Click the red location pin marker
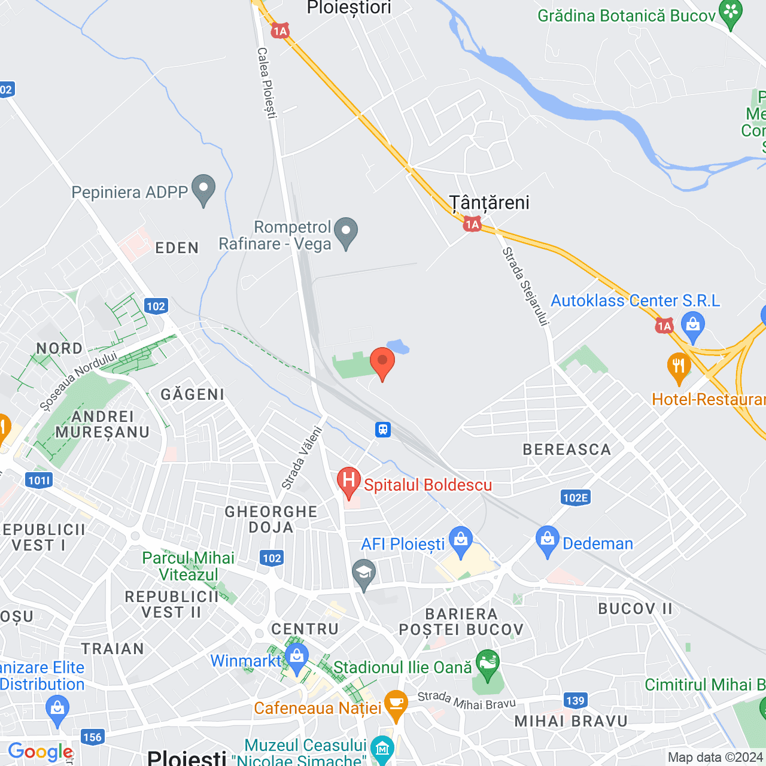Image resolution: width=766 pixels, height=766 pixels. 382,361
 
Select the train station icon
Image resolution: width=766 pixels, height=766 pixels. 383,429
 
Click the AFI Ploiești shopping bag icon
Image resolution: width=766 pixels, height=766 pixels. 460,541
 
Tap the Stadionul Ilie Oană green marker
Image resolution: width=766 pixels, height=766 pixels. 488,664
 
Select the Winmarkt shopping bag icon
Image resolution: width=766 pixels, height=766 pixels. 297,658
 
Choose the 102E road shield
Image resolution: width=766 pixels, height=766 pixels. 576,497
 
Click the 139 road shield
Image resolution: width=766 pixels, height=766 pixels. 575,700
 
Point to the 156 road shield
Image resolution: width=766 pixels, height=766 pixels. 92,737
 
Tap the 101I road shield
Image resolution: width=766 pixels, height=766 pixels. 39,480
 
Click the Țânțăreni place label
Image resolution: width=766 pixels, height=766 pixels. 490,203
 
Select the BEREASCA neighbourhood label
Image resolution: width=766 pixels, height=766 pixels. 567,449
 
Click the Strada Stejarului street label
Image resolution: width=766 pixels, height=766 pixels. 525,286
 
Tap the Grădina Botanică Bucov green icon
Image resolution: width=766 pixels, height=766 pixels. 730,14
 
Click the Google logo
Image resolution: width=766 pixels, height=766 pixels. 40,752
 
